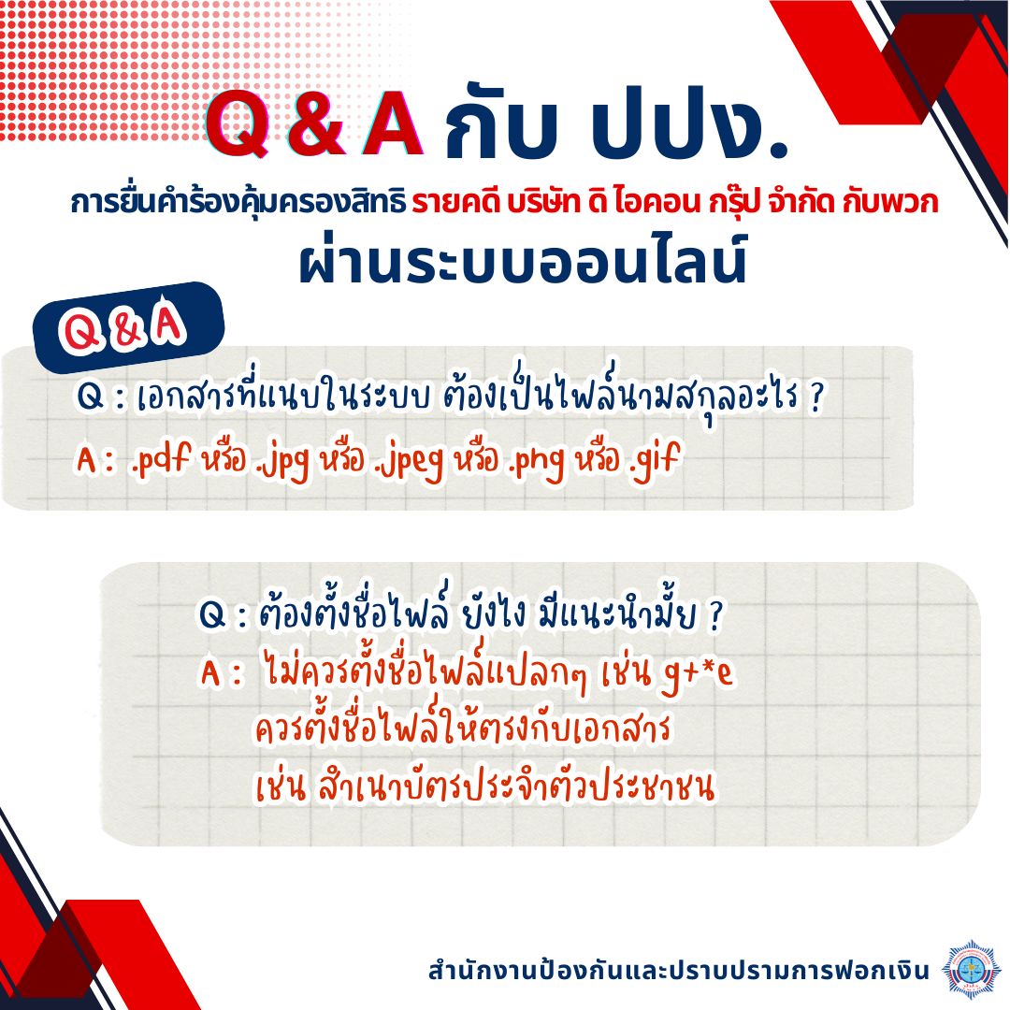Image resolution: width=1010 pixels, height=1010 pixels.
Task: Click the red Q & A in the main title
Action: click(314, 123)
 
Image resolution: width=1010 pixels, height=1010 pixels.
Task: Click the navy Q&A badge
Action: click(128, 326)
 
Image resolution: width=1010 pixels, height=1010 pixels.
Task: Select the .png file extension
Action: click(537, 461)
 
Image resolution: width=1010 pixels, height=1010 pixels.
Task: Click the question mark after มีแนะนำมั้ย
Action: click(714, 615)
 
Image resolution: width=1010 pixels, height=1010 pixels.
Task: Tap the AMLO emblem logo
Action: click(971, 969)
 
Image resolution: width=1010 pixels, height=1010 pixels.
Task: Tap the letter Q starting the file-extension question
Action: click(90, 396)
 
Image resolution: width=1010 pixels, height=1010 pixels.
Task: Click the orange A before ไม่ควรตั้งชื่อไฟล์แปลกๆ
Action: click(210, 673)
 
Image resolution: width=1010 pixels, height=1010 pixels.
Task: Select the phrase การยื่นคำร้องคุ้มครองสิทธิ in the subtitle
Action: click(238, 202)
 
